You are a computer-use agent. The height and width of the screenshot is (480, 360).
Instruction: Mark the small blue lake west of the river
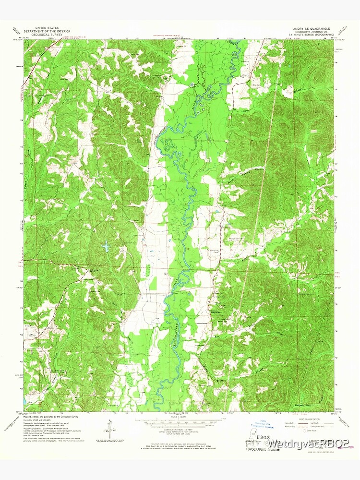point(105,247)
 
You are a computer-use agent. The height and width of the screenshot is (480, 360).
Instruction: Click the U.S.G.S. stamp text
point(254,437)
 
